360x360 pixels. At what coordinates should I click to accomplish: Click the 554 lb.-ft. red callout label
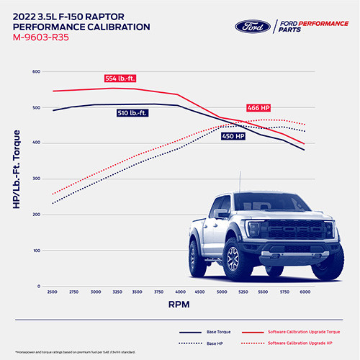(x=123, y=78)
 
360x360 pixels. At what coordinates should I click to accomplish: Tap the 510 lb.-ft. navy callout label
(x=135, y=113)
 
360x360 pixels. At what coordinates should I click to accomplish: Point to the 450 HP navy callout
(x=232, y=135)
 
